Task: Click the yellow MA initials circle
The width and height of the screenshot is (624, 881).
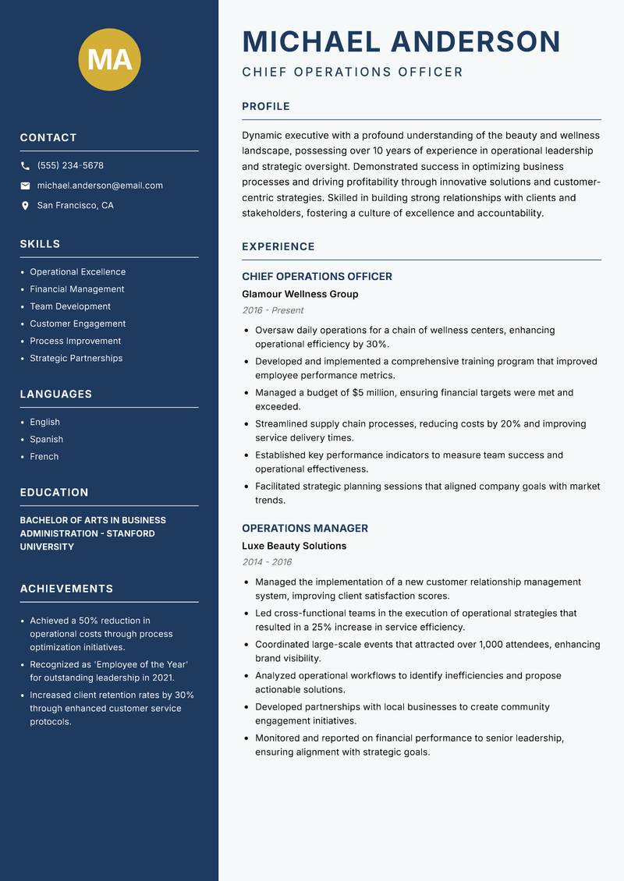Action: [x=109, y=59]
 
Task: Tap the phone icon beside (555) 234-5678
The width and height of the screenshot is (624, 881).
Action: [x=26, y=166]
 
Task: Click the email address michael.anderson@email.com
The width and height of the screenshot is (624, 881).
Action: [x=100, y=186]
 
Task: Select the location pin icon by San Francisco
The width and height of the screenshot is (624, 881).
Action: [x=26, y=206]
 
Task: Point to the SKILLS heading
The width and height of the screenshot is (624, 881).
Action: [x=40, y=244]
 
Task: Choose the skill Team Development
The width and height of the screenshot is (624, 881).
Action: [x=70, y=306]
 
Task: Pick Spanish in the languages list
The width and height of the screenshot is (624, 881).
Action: [x=47, y=439]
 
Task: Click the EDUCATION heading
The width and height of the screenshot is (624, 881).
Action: [x=54, y=493]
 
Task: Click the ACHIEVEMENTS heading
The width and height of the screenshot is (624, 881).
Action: [x=66, y=589]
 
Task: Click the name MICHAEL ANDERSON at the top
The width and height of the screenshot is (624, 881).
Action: [x=401, y=41]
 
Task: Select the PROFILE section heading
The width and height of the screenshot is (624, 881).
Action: [x=265, y=107]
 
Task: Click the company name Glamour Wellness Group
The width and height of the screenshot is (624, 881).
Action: [x=300, y=294]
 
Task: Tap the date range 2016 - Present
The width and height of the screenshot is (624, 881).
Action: [x=272, y=310]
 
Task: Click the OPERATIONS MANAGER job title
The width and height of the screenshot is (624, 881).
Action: [x=304, y=528]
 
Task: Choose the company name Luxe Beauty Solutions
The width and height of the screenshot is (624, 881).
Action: [x=293, y=546]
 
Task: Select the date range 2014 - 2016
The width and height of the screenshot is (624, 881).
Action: [x=267, y=562]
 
